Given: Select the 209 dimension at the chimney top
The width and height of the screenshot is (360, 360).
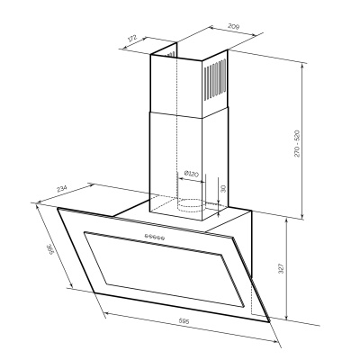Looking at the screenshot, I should click(x=208, y=29).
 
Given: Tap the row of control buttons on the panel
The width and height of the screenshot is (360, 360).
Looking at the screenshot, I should click(x=151, y=238).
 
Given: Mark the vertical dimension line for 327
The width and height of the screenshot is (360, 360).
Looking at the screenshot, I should click(x=286, y=270).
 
